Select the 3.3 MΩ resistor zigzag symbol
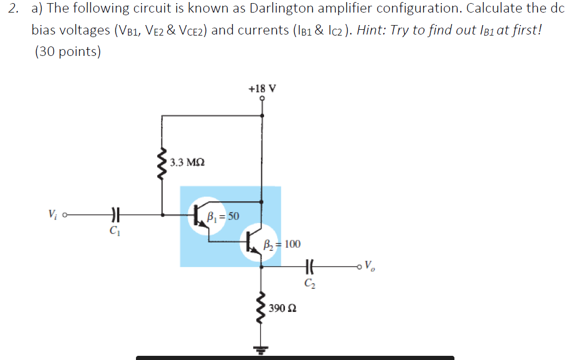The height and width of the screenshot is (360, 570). [x=162, y=161]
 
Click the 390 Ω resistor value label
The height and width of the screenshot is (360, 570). [x=284, y=308]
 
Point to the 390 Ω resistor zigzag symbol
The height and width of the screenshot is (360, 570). [x=261, y=308]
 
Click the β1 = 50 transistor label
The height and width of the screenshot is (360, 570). [x=223, y=215]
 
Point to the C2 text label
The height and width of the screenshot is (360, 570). [x=310, y=284]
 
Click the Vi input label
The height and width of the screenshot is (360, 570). [x=52, y=214]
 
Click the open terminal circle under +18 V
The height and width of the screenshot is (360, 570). [x=262, y=98]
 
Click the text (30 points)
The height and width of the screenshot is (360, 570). [x=67, y=52]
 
